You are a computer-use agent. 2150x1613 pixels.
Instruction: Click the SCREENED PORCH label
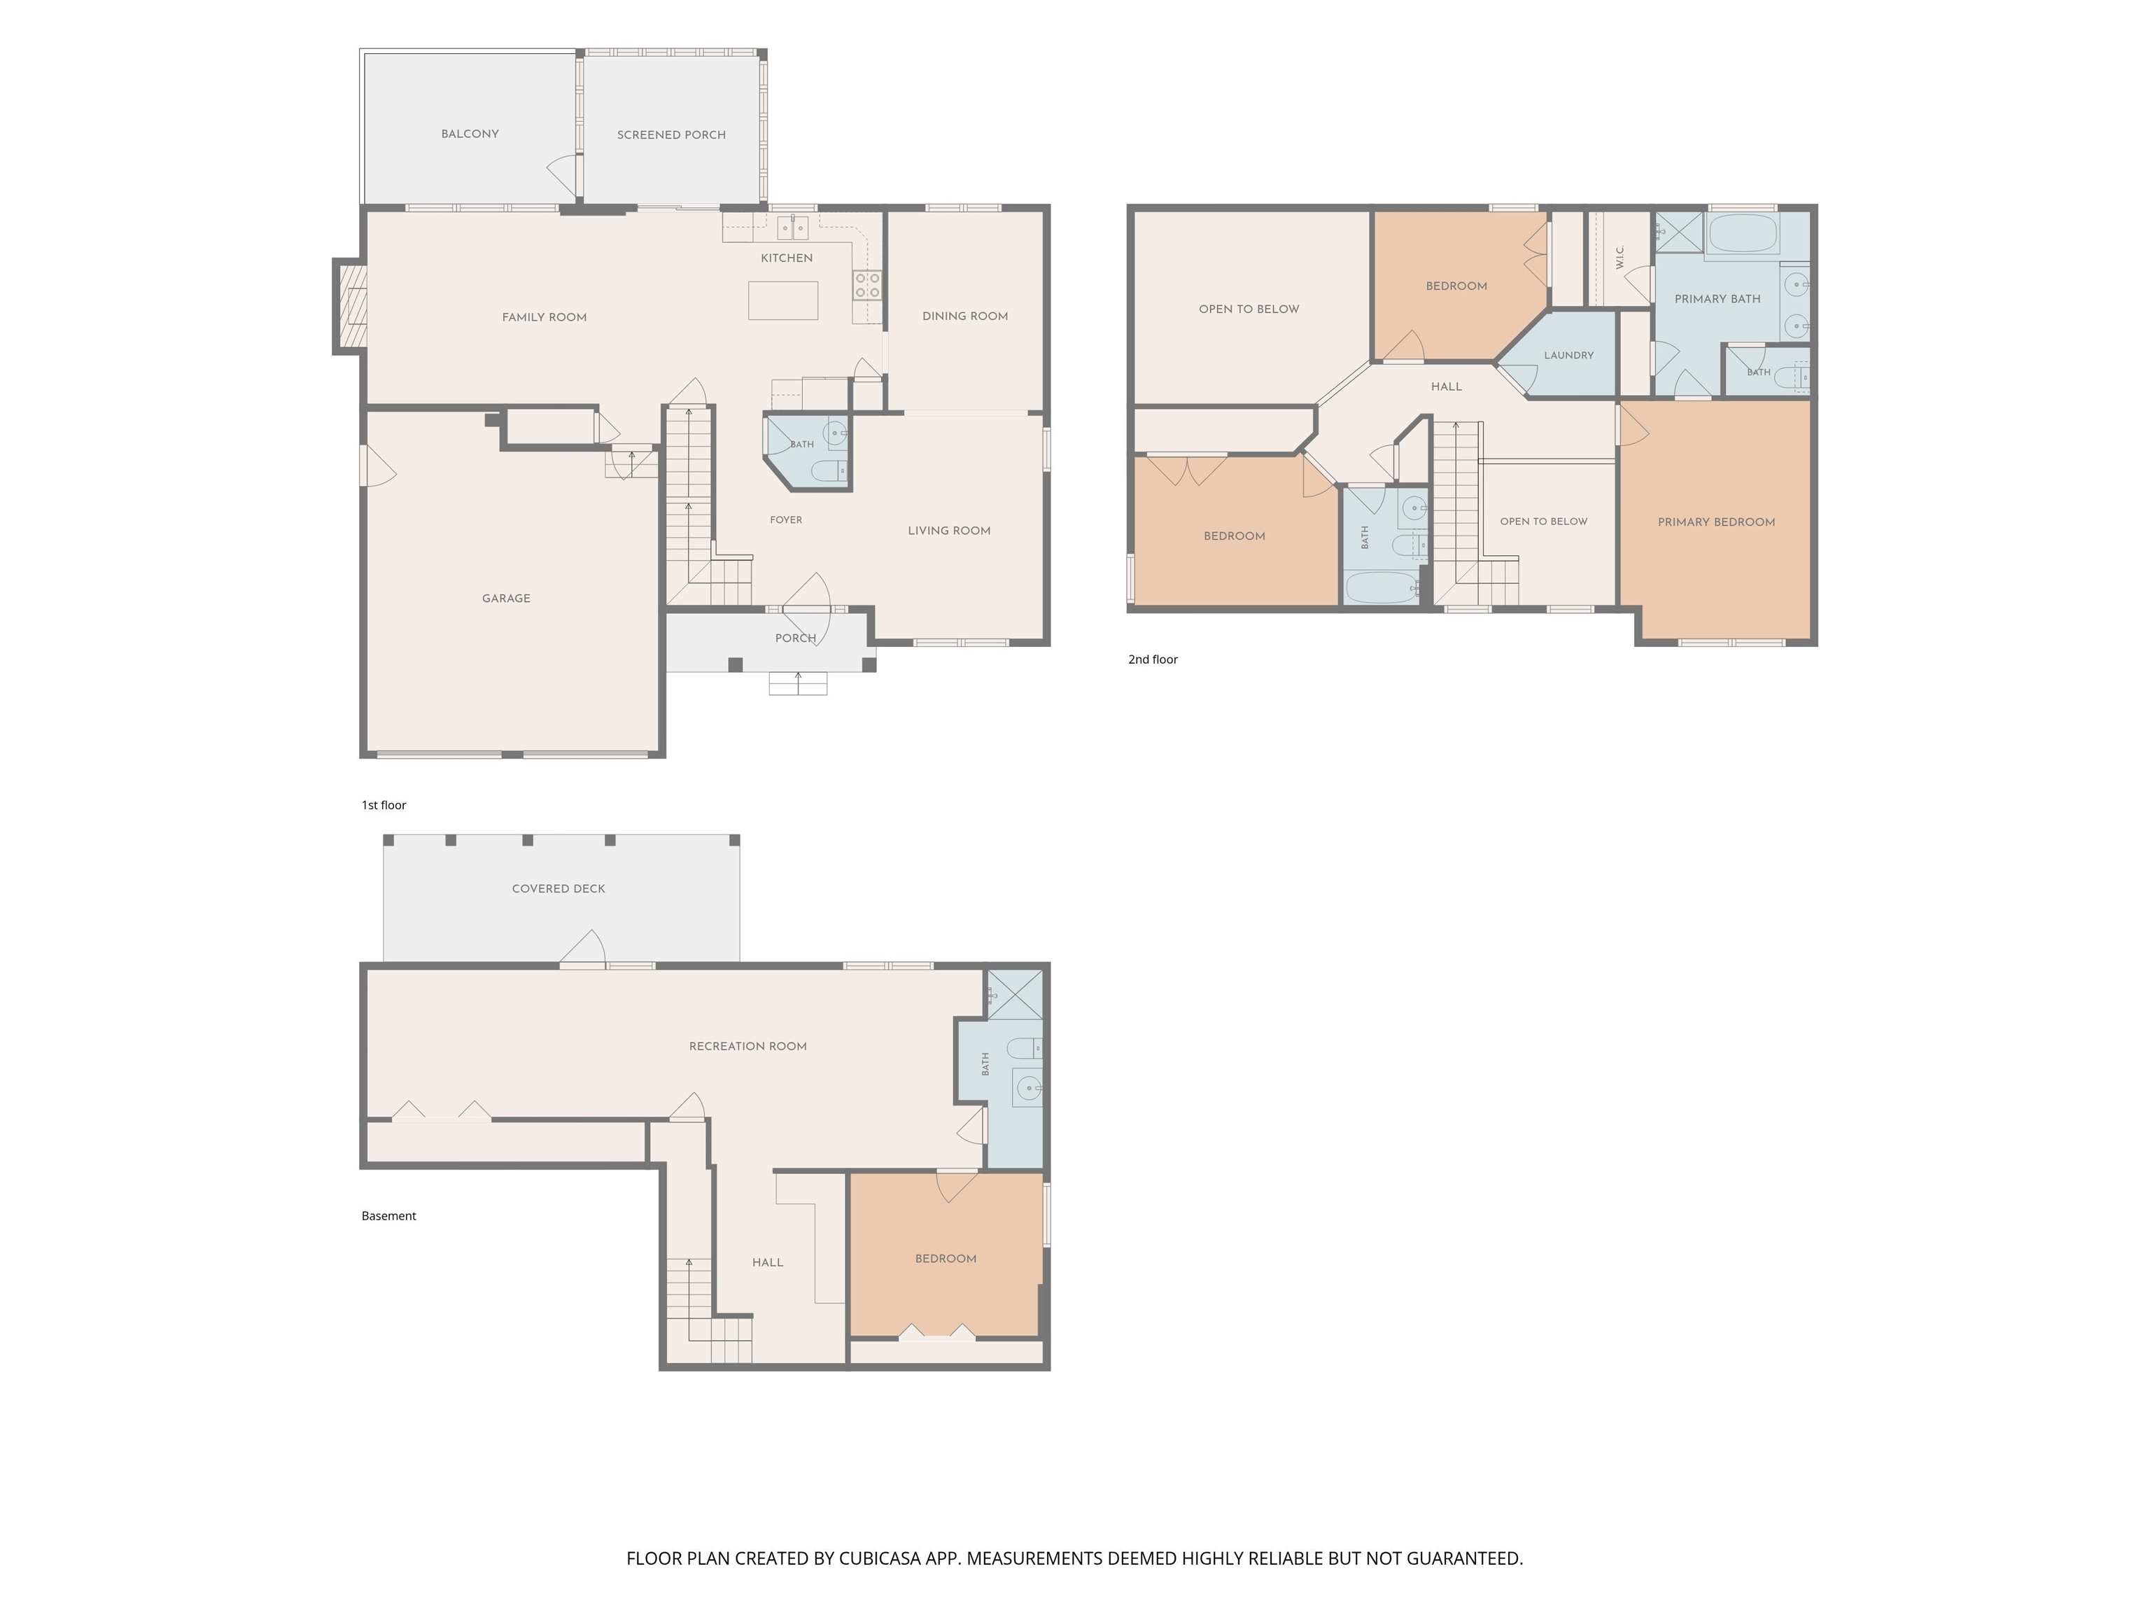click(670, 135)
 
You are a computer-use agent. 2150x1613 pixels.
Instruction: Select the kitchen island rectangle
click(782, 300)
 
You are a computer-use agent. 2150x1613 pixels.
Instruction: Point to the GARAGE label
click(507, 599)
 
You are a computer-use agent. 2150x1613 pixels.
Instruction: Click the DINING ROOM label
click(964, 316)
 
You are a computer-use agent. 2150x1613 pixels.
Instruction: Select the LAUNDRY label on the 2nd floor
click(1569, 356)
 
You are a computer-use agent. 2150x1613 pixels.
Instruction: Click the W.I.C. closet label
click(1619, 257)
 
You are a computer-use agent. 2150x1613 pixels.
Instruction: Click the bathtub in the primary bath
click(1743, 233)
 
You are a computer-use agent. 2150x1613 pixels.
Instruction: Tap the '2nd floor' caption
click(1153, 659)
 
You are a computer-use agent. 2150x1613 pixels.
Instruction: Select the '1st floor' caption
click(384, 805)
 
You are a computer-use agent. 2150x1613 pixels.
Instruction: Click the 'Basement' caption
click(389, 1216)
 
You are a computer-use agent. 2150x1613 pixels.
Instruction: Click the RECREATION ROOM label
click(747, 1046)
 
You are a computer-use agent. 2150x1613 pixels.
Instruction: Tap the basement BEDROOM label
click(945, 1259)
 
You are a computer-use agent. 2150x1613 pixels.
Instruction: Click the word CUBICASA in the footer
click(880, 1558)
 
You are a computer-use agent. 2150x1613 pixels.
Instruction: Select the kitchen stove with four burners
click(867, 286)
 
